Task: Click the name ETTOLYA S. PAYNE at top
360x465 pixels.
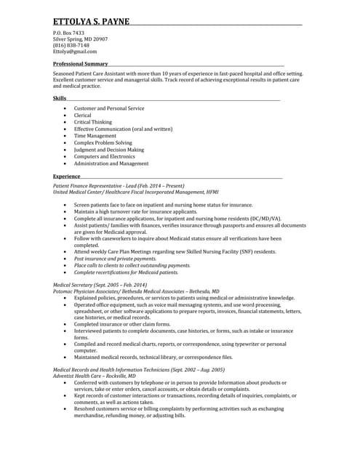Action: tap(91, 21)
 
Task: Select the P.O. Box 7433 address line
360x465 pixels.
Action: tap(68, 33)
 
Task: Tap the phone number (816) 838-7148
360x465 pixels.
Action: tap(71, 45)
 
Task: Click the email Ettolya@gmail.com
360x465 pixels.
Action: tap(75, 52)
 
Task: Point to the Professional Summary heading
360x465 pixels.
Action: tap(80, 64)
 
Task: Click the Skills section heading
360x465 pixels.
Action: tap(59, 98)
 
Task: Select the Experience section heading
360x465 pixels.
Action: tap(66, 177)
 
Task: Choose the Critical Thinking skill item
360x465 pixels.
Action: tap(93, 122)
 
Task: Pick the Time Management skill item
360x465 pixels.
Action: tap(95, 136)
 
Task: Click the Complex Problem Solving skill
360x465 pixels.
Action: tap(103, 143)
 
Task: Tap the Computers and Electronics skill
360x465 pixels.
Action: tap(104, 156)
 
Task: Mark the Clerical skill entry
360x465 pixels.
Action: tap(83, 115)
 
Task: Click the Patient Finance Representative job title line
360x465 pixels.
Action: tap(119, 186)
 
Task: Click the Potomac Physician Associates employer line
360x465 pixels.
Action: tap(136, 291)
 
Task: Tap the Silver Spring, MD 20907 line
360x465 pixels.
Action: tap(80, 39)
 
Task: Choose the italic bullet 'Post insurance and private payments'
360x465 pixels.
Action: tap(115, 259)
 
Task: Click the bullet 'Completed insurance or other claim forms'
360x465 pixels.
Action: tap(122, 324)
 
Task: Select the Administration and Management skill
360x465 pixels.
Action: tap(111, 163)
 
